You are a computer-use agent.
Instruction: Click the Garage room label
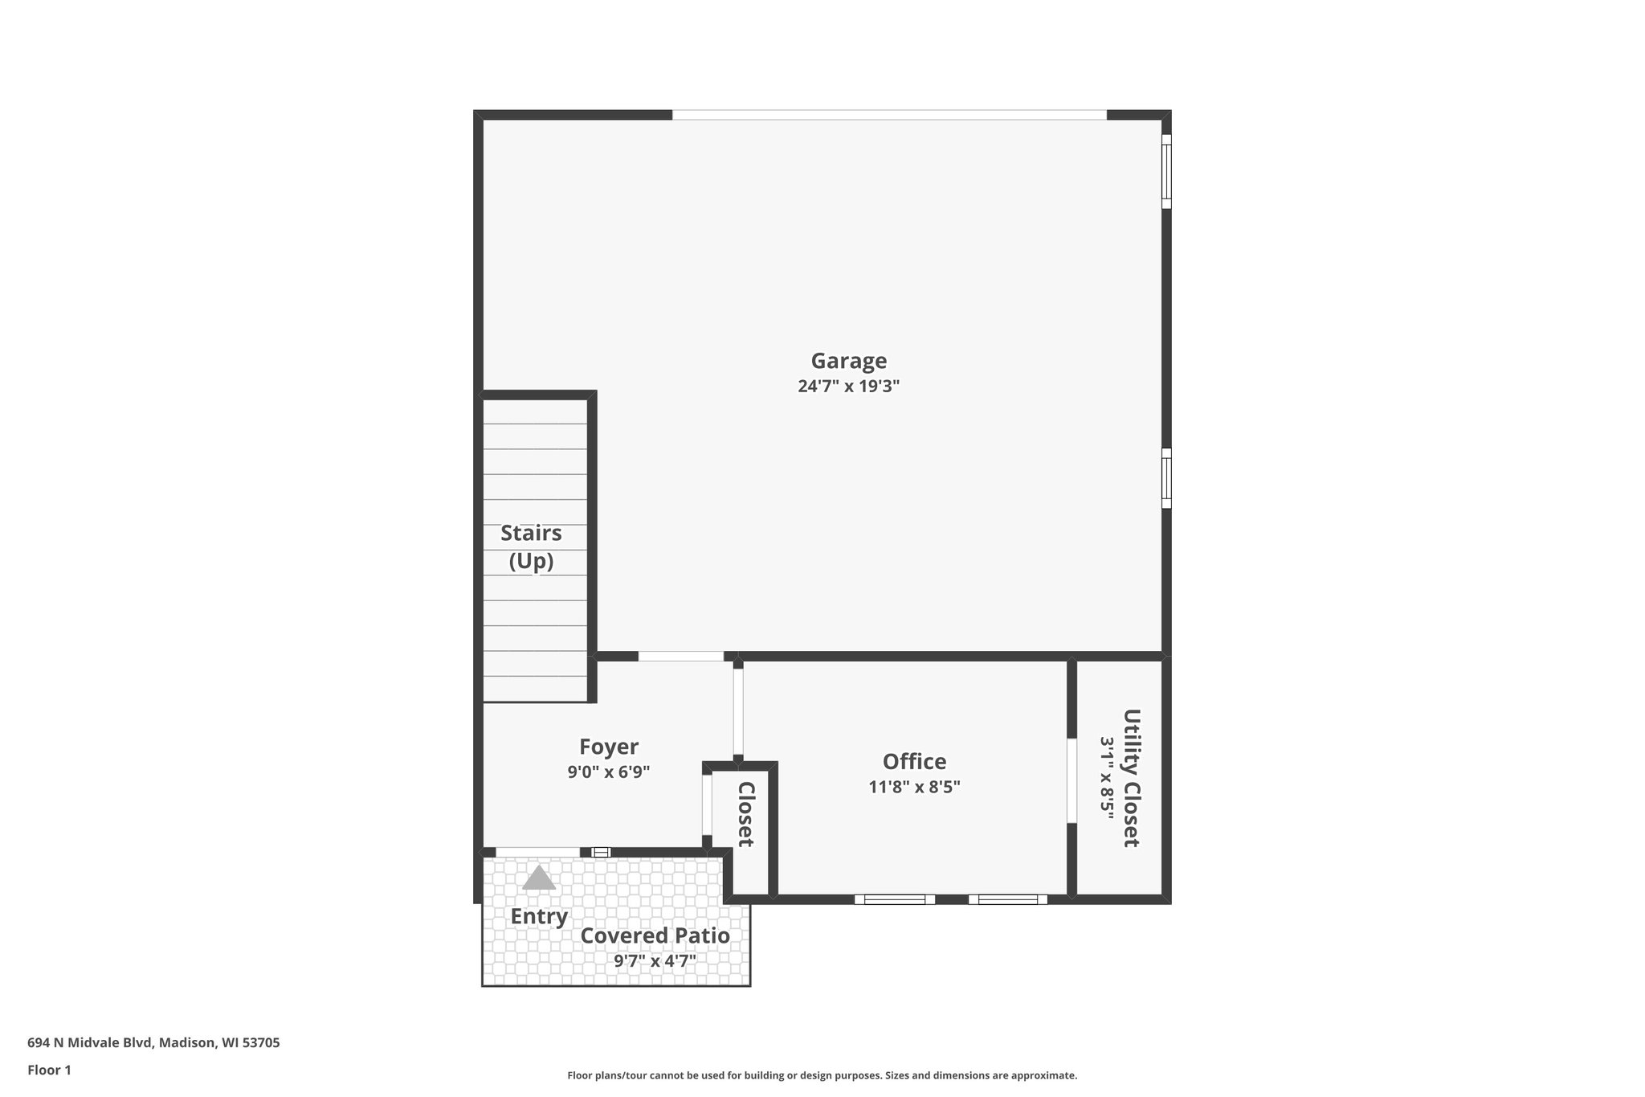[x=848, y=361]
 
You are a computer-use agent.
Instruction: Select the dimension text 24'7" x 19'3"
[x=848, y=386]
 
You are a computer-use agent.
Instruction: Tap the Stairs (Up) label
[x=531, y=546]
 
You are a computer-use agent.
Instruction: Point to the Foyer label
[x=608, y=747]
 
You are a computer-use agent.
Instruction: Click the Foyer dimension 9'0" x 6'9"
[x=608, y=772]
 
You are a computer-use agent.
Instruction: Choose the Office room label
[x=914, y=761]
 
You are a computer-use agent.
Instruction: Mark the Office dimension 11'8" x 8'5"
[x=914, y=787]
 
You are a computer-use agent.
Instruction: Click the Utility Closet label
[x=1131, y=777]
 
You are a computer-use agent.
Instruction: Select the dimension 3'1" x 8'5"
[x=1108, y=777]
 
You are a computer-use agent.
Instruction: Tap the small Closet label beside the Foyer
[x=745, y=813]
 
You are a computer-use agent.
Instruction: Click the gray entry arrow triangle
[x=539, y=878]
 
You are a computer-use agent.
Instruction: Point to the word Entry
[x=539, y=916]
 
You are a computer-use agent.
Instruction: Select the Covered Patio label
[x=655, y=935]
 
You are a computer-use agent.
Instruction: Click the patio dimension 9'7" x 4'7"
[x=655, y=960]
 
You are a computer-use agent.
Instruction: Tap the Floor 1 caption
[x=49, y=1070]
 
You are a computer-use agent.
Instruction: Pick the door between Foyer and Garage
[x=680, y=657]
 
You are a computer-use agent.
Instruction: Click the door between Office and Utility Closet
[x=1071, y=780]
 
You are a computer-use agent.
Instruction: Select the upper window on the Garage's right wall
[x=1166, y=171]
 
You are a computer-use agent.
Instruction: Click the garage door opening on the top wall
[x=889, y=115]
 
